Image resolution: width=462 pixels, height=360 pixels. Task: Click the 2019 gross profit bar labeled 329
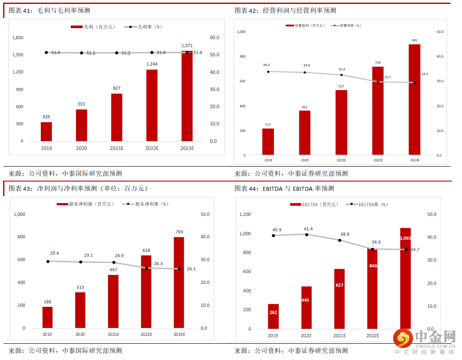coord(46,131)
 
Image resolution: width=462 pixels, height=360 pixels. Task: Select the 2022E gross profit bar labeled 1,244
coord(152,105)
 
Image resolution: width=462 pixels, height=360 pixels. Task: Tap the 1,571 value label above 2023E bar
coord(187,45)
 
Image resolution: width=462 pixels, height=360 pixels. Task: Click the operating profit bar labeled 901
coord(415,100)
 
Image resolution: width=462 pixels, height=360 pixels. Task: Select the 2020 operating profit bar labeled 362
coord(305,133)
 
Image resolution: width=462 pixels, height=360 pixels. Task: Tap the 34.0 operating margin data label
coord(266,65)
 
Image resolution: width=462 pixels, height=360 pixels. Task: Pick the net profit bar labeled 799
coord(179,282)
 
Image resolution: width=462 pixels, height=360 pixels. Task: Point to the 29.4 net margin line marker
coord(48,261)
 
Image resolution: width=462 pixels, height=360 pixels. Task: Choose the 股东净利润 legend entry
coord(85,204)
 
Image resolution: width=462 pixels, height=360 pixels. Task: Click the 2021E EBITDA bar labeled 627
coord(339,298)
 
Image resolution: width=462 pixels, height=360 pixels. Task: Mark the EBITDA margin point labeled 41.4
coord(306,234)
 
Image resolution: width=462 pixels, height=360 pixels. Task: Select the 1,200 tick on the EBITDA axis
coord(245,215)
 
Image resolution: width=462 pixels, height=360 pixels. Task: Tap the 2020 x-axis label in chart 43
coord(80,335)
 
